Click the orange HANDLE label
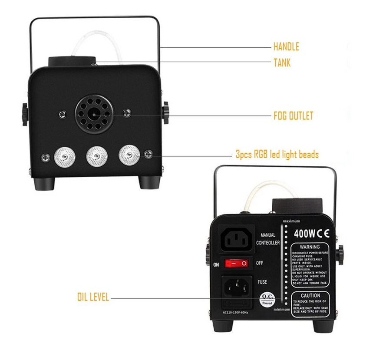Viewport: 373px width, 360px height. [286, 46]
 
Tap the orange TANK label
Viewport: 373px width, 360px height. [282, 63]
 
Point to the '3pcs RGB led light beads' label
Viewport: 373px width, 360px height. [277, 154]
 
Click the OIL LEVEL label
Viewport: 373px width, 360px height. [93, 298]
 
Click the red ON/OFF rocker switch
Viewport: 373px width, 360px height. [236, 263]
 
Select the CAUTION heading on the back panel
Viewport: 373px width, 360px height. [310, 295]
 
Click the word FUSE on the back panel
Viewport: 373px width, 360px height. [262, 282]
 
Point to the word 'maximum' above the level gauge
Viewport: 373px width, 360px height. [290, 221]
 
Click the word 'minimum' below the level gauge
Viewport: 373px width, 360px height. [283, 310]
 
